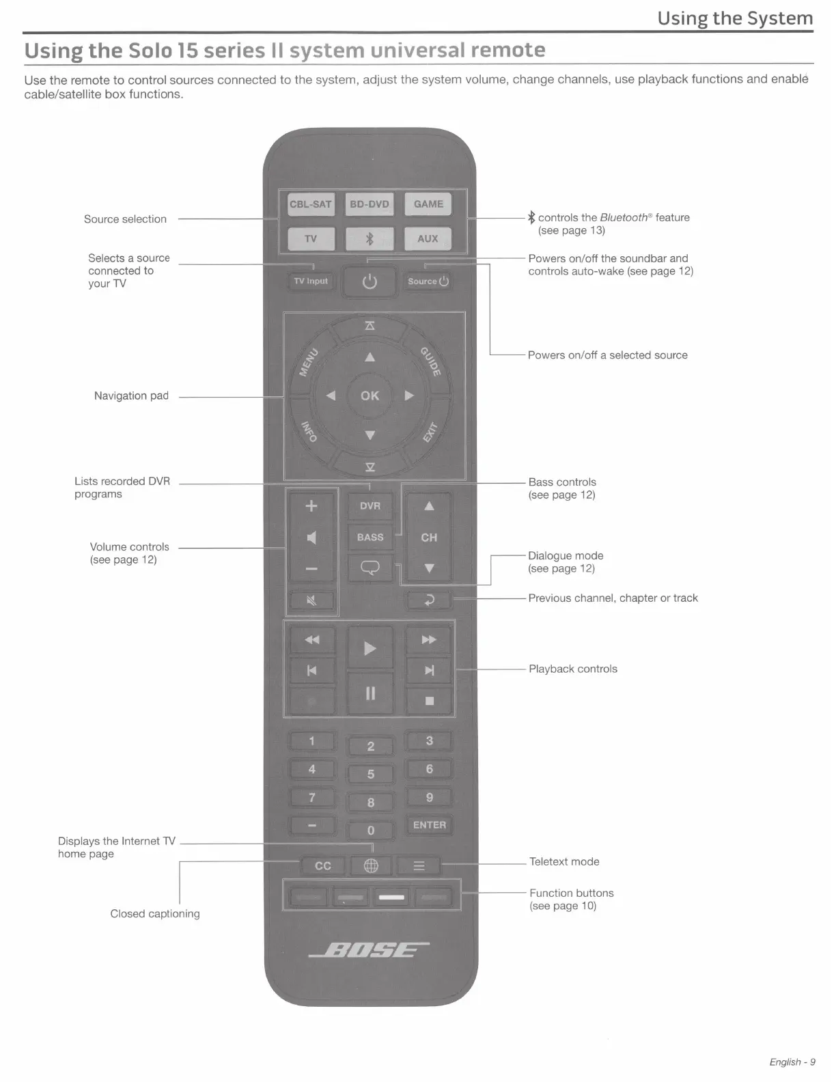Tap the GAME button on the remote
[x=428, y=204]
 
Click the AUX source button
[x=428, y=238]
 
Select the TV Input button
[x=311, y=281]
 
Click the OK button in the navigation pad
[x=370, y=396]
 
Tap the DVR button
[x=370, y=505]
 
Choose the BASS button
[x=370, y=537]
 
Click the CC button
[x=323, y=865]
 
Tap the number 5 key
[x=371, y=774]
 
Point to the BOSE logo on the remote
[x=370, y=949]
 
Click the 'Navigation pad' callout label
[x=131, y=396]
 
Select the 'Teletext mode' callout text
[x=564, y=861]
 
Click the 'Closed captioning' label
[x=155, y=913]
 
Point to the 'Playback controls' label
[x=572, y=669]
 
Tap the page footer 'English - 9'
[x=792, y=1062]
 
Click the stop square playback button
[x=430, y=700]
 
